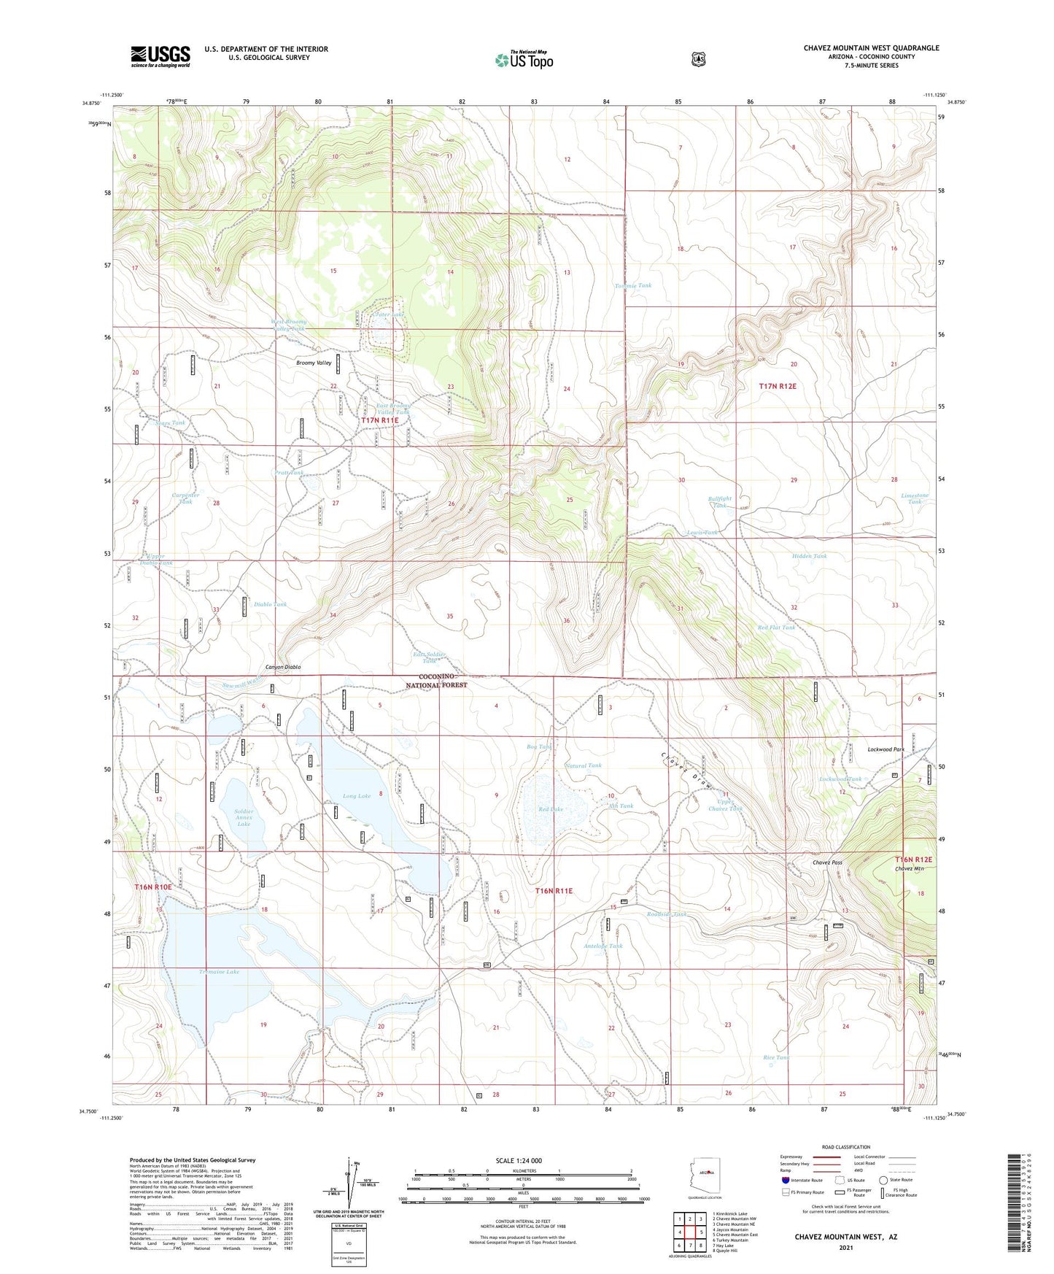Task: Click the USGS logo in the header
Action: click(160, 56)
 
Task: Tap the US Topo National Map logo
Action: click(524, 59)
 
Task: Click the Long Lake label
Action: click(357, 796)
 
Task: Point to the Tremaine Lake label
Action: click(219, 972)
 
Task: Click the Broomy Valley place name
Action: click(314, 363)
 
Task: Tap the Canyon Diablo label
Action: click(283, 667)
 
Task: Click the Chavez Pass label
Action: click(827, 862)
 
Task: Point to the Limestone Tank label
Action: click(915, 498)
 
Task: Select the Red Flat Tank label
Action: click(776, 628)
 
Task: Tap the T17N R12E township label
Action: click(783, 386)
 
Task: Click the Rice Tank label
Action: click(776, 1057)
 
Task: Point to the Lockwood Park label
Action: click(886, 749)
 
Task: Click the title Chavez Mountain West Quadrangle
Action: click(871, 48)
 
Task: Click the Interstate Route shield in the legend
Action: click(786, 1180)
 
